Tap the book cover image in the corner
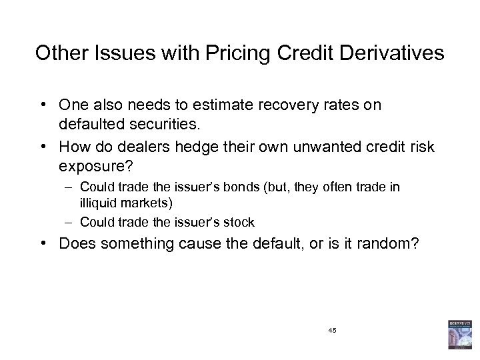pos(459,335)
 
